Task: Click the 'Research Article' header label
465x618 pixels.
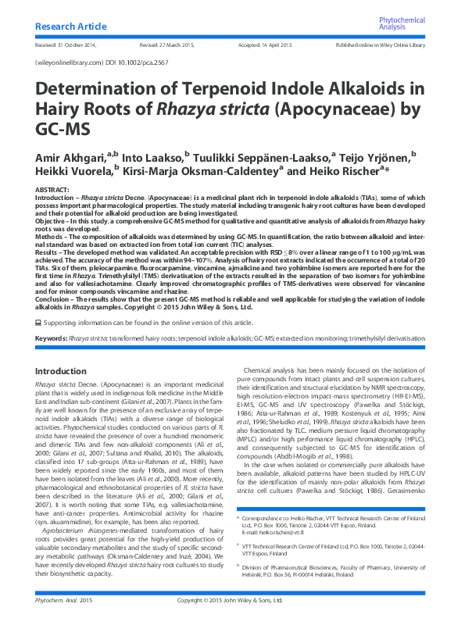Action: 68,27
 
